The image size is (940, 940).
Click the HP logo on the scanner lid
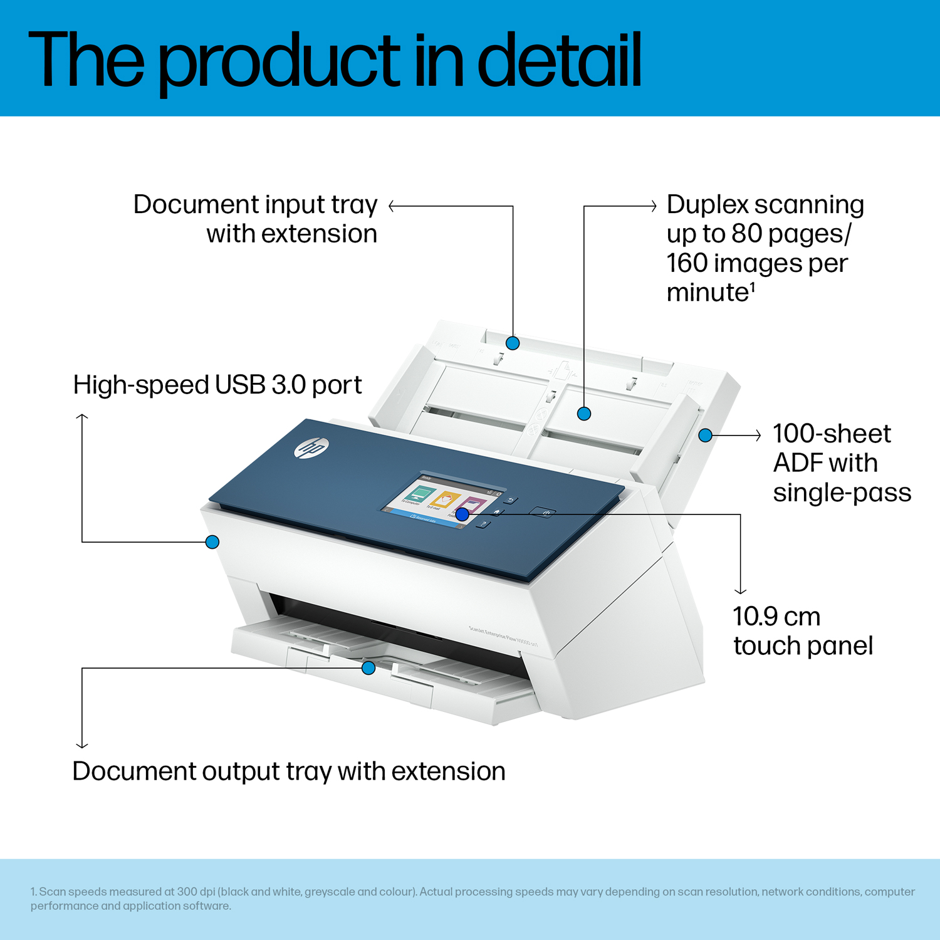(x=311, y=448)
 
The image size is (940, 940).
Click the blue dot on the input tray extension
(x=513, y=343)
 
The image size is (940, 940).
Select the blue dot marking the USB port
(x=212, y=541)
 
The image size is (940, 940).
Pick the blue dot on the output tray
(x=368, y=667)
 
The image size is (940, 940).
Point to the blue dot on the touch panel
(x=462, y=514)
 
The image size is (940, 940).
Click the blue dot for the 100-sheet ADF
(x=706, y=435)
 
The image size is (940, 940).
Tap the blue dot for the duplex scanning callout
(x=584, y=414)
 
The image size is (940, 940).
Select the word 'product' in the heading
(x=278, y=63)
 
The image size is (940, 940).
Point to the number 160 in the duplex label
(x=687, y=263)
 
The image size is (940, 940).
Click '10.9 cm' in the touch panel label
(x=776, y=617)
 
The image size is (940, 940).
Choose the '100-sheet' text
(x=832, y=434)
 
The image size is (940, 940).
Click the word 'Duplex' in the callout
(x=708, y=205)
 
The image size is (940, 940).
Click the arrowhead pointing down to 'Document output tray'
(x=82, y=744)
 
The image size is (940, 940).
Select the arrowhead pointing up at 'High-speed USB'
(x=82, y=417)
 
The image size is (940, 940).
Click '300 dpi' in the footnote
(x=196, y=892)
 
